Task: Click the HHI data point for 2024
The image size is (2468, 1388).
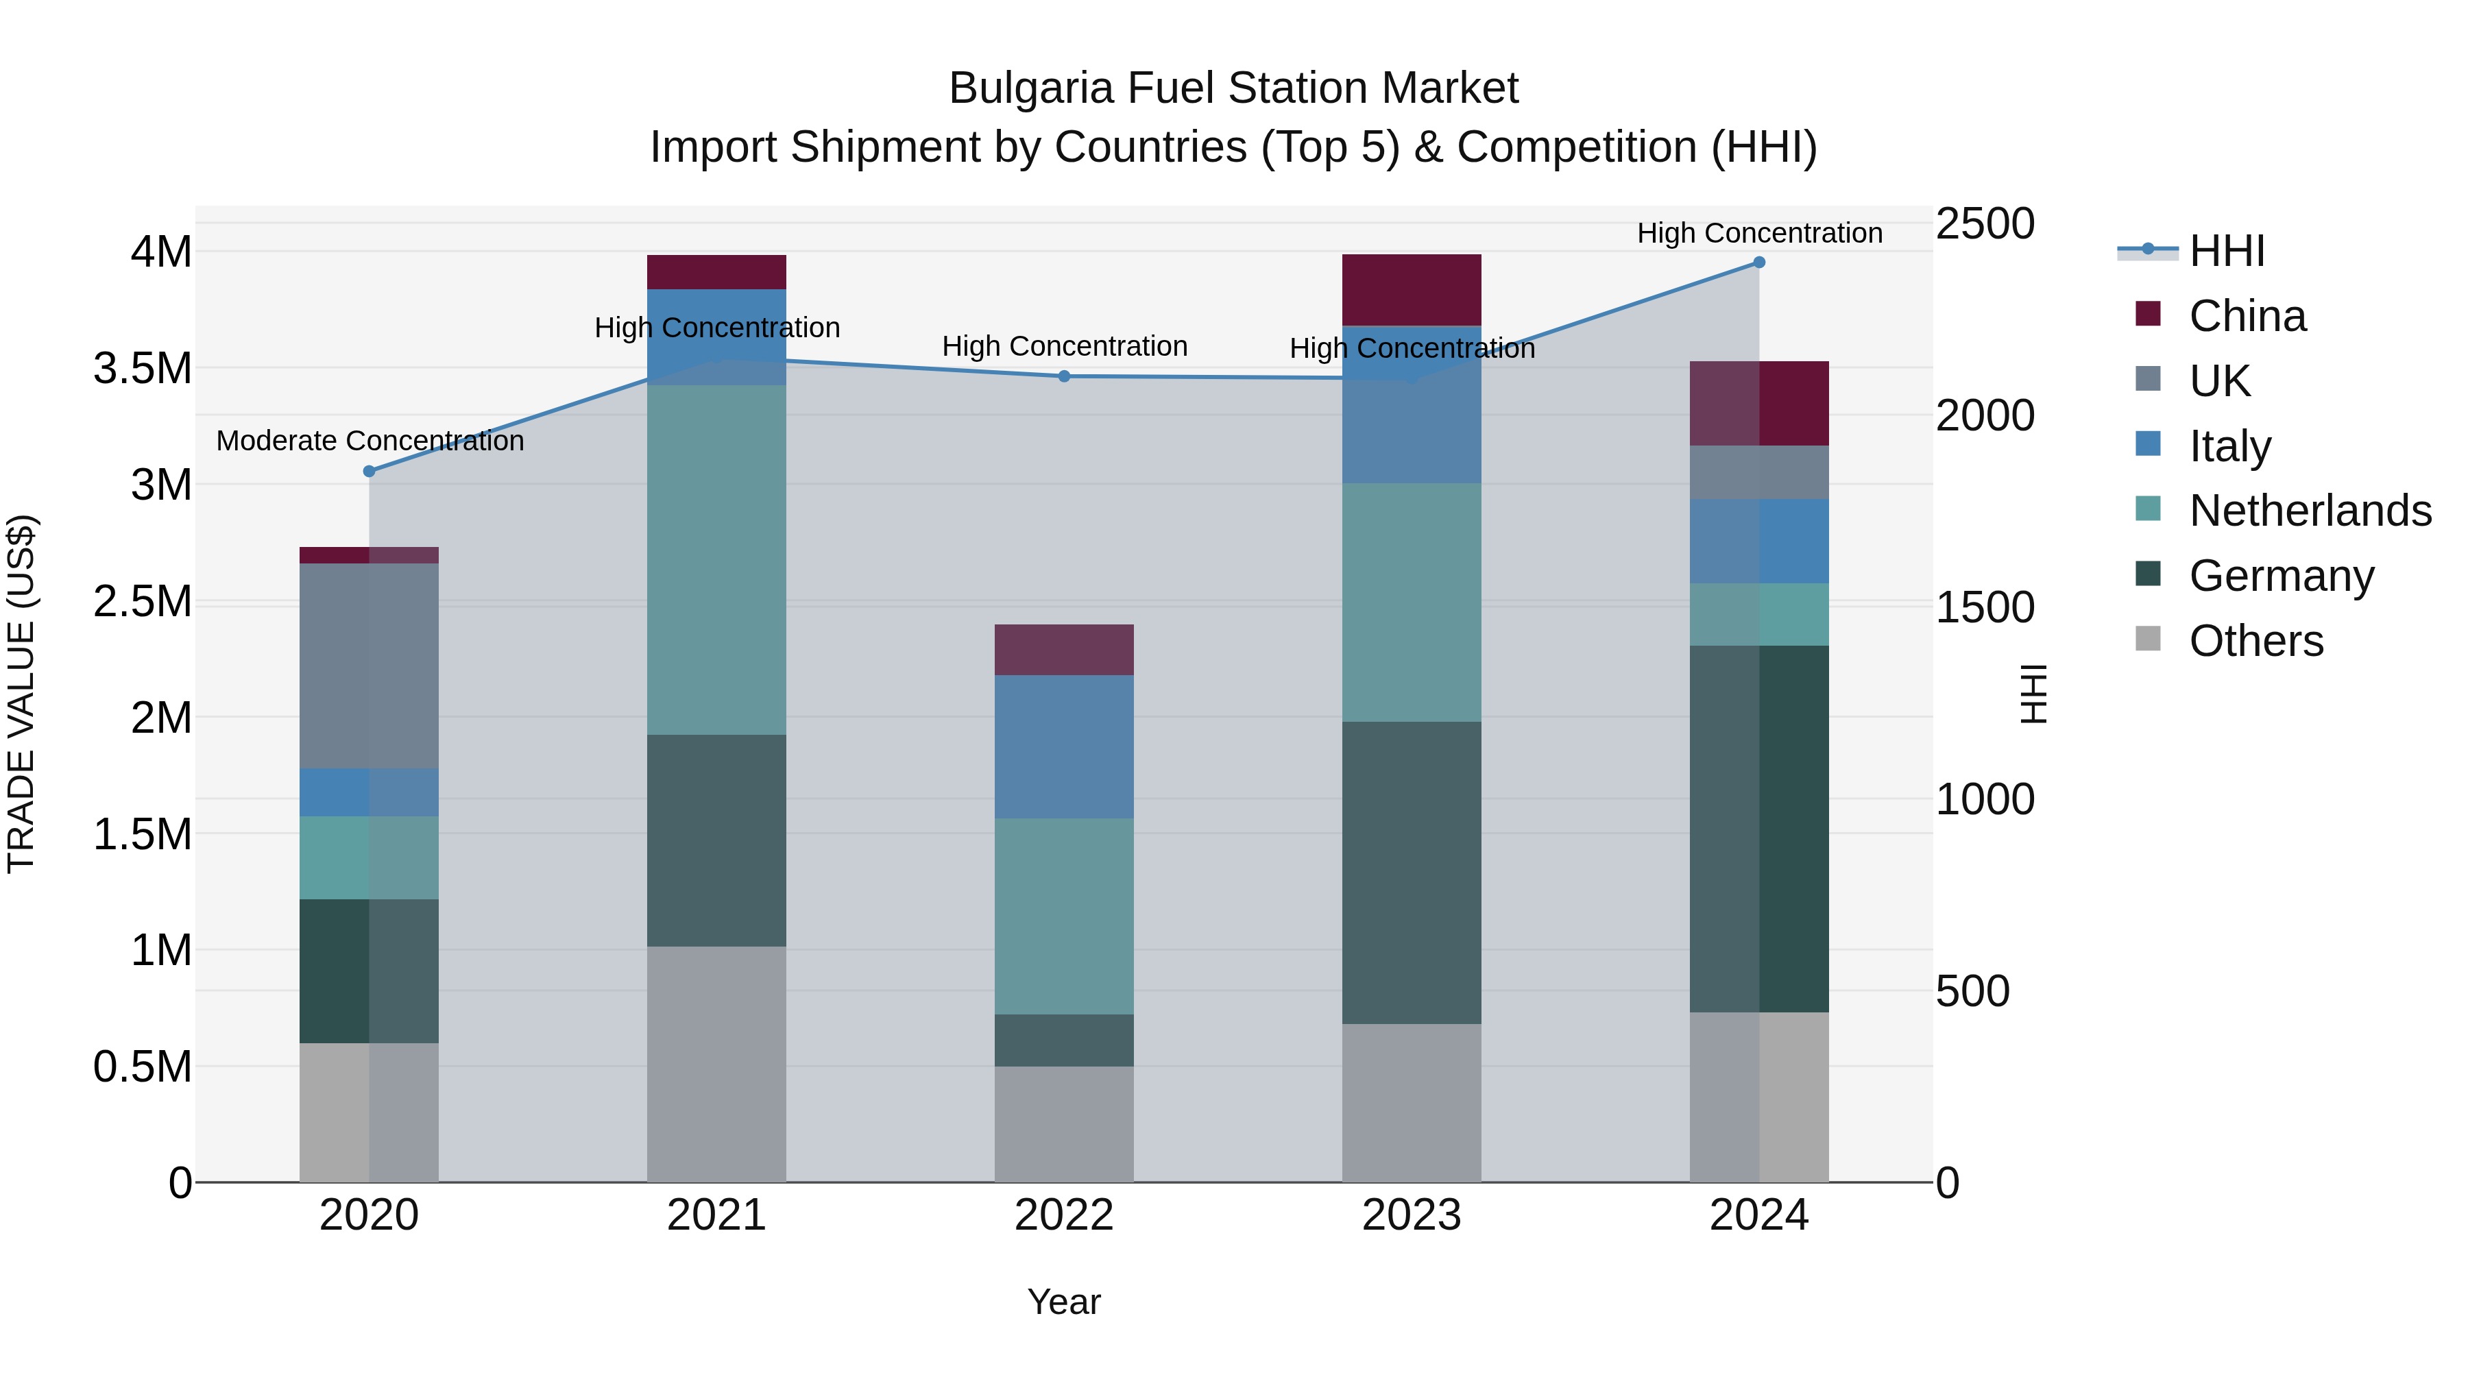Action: click(x=1759, y=263)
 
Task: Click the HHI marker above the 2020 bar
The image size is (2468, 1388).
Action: click(x=369, y=472)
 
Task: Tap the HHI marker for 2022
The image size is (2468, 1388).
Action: click(x=1063, y=376)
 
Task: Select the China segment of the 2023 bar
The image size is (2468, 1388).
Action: click(x=1412, y=289)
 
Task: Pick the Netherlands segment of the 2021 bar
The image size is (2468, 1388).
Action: click(x=716, y=561)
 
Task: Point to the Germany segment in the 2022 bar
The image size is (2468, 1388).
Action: click(x=1063, y=1040)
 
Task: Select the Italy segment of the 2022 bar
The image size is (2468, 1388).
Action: click(x=1063, y=746)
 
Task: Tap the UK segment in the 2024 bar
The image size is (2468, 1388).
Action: click(x=1759, y=472)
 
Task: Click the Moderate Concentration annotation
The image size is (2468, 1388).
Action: click(x=370, y=441)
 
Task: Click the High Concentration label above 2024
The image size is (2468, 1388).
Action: click(x=1759, y=233)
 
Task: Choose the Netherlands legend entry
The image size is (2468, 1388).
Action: click(x=2309, y=511)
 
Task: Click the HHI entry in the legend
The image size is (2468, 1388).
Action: click(x=2225, y=251)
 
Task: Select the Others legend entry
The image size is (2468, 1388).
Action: click(x=2255, y=641)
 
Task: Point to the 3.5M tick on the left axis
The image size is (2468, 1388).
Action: click(x=143, y=369)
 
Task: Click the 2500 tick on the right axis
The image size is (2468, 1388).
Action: click(x=1984, y=224)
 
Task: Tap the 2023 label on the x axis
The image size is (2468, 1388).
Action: click(x=1412, y=1215)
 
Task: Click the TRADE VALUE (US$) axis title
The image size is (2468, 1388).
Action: click(x=21, y=694)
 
